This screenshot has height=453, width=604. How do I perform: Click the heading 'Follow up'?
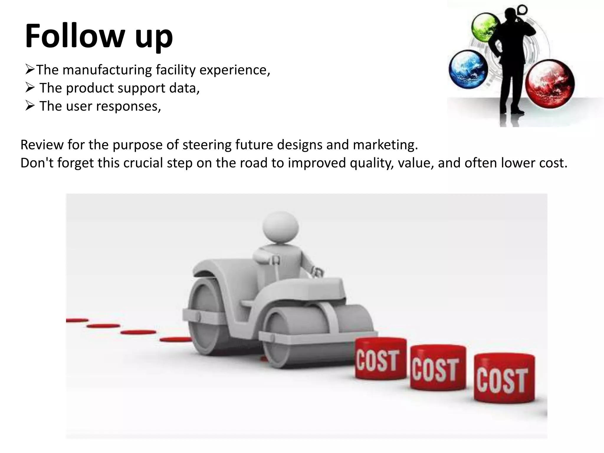click(99, 36)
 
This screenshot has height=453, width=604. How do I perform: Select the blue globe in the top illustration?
click(468, 70)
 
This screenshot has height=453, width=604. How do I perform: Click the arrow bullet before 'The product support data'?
click(30, 88)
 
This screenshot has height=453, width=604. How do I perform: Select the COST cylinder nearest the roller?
click(380, 358)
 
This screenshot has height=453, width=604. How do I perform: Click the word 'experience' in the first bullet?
click(235, 70)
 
